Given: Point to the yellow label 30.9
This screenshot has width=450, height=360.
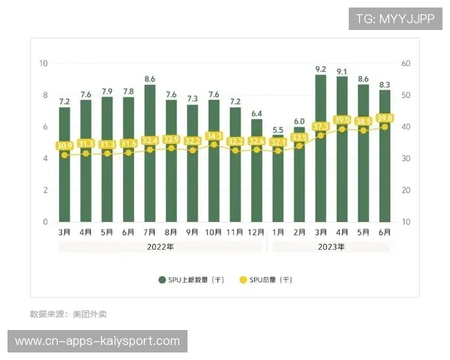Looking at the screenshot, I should [x=64, y=145].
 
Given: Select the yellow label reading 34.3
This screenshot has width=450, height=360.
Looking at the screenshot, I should [x=214, y=136].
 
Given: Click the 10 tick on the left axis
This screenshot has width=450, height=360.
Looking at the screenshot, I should [x=43, y=64].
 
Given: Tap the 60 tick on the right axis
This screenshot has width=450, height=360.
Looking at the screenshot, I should [x=406, y=64].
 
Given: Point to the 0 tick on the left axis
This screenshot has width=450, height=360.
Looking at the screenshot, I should [x=46, y=222].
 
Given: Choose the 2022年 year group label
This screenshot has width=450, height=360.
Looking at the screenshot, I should [x=160, y=247].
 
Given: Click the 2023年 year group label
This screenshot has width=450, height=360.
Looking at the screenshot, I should [x=331, y=247].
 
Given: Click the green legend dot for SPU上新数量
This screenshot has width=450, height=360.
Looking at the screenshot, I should [x=162, y=280].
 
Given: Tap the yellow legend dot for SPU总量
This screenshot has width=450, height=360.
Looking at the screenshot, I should [x=242, y=280].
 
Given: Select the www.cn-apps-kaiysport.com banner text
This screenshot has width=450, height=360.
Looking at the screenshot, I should [x=97, y=341].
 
